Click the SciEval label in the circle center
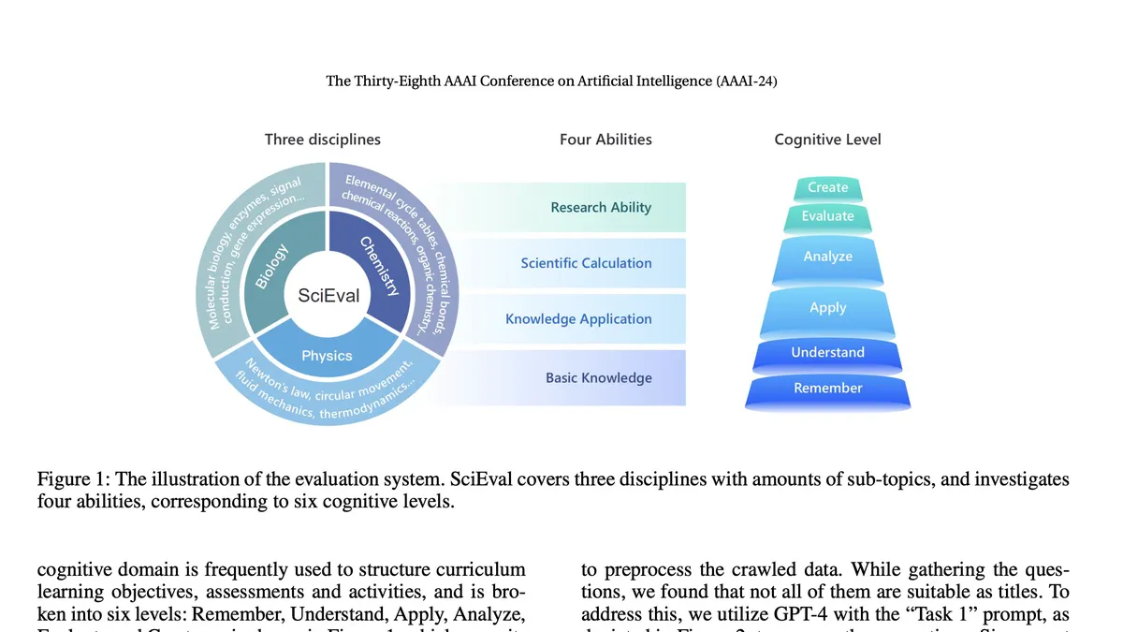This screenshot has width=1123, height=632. coord(328,296)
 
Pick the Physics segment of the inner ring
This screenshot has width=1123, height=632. coord(328,356)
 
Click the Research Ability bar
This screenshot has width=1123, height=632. coord(601,207)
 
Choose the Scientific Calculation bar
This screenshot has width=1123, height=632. coord(587,263)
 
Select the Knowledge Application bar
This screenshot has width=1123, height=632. coord(578,319)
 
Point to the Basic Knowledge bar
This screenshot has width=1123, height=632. coord(599,378)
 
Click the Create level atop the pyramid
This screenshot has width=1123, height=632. coord(828,187)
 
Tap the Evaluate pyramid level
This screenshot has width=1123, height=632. coord(828,216)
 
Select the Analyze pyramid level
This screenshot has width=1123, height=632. coord(828,257)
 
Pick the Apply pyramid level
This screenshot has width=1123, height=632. coord(828,308)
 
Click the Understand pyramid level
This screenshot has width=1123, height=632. coord(828,353)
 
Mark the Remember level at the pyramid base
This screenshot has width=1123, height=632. coord(828,389)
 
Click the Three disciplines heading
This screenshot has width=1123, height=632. coord(323,140)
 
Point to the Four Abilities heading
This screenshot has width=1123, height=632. coord(605,140)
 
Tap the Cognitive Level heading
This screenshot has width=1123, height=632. coord(828,140)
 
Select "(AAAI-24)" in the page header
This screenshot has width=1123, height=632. coord(746,81)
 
